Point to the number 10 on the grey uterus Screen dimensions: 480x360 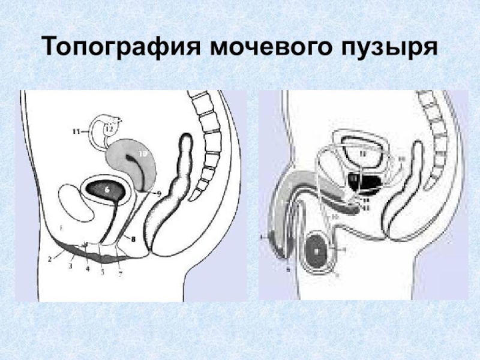(142, 154)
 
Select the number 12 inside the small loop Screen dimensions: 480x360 (109, 128)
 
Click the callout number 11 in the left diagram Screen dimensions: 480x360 (76, 130)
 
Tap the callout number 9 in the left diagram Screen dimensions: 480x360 (159, 193)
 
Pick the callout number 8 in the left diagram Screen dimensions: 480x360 (134, 239)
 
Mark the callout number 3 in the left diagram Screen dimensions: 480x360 (70, 265)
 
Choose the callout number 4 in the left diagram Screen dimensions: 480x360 (88, 269)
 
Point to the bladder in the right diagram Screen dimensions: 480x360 (366, 154)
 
